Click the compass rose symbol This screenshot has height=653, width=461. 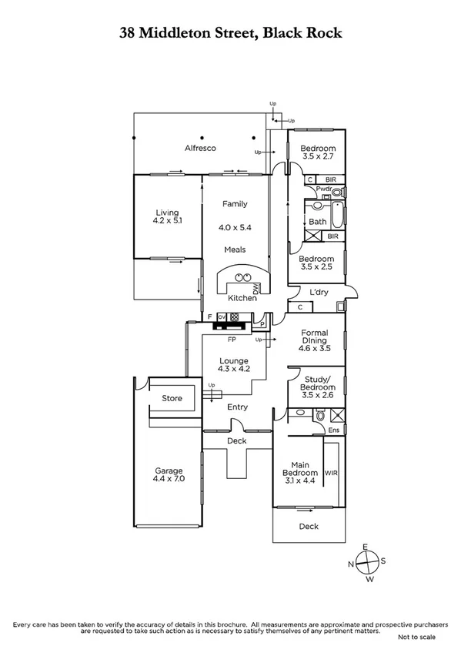tap(368, 562)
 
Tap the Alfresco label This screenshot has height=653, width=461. tap(199, 147)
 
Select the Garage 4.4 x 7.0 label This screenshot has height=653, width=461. tap(169, 474)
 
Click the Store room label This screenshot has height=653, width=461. tap(172, 398)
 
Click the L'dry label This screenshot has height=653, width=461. tap(319, 293)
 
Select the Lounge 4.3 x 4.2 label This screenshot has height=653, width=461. tap(233, 364)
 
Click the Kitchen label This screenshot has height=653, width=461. tap(242, 298)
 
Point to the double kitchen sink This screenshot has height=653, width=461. tap(243, 277)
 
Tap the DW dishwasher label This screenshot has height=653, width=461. tap(254, 289)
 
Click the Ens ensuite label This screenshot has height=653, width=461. tap(334, 429)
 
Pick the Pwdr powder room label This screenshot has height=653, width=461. tap(323, 189)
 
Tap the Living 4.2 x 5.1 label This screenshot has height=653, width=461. tap(167, 216)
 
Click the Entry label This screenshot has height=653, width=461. tap(237, 407)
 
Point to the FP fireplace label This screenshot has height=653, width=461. tap(230, 338)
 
